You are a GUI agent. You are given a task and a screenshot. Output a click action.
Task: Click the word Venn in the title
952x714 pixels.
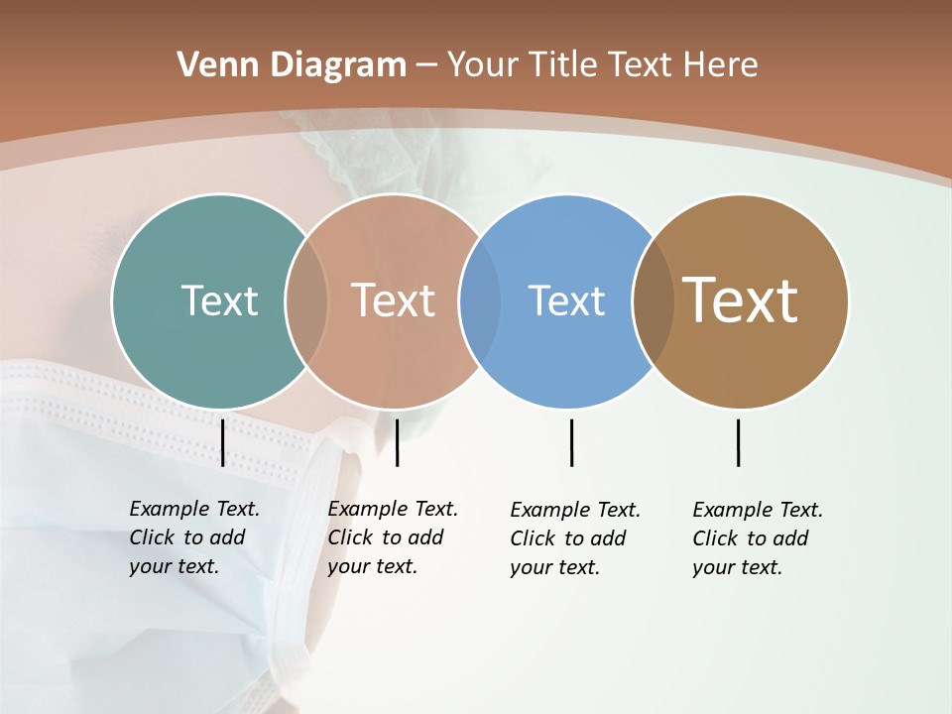[205, 65]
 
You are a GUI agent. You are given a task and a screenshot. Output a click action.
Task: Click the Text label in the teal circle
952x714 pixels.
[219, 300]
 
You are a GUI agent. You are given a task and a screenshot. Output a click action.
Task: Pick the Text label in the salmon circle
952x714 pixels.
[393, 300]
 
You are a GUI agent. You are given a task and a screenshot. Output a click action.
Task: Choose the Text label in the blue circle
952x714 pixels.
[566, 300]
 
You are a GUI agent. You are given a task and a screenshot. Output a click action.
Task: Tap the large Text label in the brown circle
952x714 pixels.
[741, 300]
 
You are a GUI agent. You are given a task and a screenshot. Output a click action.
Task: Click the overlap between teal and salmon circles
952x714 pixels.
[306, 301]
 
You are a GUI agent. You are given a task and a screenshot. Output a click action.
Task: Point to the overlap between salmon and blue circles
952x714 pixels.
[480, 301]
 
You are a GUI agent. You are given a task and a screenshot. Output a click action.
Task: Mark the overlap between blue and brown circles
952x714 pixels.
[654, 301]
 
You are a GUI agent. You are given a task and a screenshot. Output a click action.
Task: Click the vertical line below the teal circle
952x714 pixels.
[222, 442]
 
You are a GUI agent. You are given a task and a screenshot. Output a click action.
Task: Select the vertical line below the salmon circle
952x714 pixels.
[397, 442]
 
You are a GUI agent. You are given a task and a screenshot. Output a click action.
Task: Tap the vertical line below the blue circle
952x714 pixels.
[571, 442]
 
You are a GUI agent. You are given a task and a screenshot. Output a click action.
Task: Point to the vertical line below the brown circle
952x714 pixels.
[738, 442]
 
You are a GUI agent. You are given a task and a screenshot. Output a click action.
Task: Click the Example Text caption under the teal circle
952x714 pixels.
[194, 537]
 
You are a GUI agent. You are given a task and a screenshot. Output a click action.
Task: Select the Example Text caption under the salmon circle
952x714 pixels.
[393, 537]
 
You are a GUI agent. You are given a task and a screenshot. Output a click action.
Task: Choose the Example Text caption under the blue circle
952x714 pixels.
[575, 538]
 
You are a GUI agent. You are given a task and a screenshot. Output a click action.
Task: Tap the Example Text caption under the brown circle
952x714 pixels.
[758, 538]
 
